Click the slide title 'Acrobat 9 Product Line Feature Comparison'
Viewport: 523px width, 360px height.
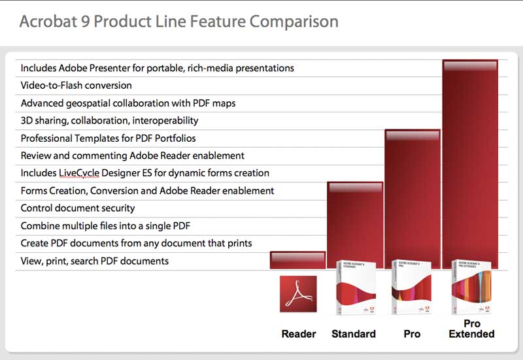[x=178, y=22]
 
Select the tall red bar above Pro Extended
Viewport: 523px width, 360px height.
[x=470, y=163]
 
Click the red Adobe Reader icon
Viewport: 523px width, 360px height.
[x=298, y=293]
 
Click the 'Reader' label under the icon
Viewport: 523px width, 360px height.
[x=299, y=334]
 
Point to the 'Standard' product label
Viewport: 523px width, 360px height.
[x=354, y=334]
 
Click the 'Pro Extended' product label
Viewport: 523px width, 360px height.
[x=471, y=329]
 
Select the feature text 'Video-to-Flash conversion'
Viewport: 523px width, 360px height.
[x=76, y=86]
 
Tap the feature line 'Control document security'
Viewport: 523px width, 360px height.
[x=78, y=208]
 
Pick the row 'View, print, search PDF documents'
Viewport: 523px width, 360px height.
[x=95, y=261]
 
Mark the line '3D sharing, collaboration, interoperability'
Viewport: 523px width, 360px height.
[x=109, y=121]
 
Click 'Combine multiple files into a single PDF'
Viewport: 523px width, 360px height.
[x=105, y=226]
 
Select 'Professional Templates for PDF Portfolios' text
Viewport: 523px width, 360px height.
[x=108, y=139]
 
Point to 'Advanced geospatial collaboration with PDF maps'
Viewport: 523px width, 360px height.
[x=128, y=103]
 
